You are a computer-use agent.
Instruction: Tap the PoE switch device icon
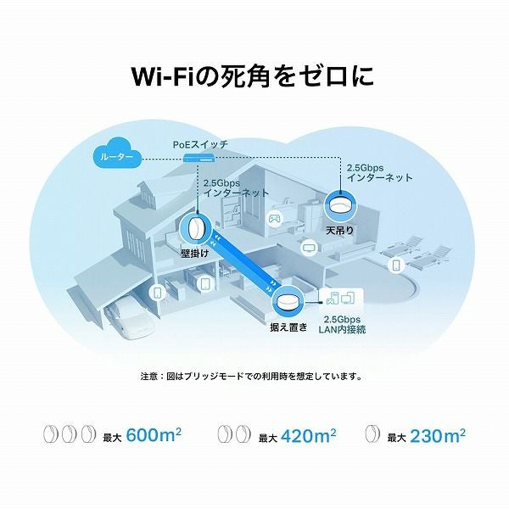[199, 158]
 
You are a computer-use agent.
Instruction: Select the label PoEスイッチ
[200, 144]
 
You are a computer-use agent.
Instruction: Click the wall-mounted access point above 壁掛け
[196, 230]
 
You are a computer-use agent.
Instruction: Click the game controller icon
[274, 217]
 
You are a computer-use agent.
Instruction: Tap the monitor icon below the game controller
[308, 247]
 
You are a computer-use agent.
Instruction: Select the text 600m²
[154, 434]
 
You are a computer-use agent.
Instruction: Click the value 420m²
[309, 435]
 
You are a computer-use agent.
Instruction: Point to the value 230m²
[438, 435]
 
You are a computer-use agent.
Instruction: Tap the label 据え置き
[288, 327]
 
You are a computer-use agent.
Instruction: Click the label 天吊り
[339, 231]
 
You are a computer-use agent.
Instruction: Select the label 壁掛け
[195, 253]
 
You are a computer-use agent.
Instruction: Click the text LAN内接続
[342, 329]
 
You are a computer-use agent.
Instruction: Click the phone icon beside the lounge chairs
[396, 266]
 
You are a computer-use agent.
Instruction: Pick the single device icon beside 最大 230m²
[372, 433]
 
